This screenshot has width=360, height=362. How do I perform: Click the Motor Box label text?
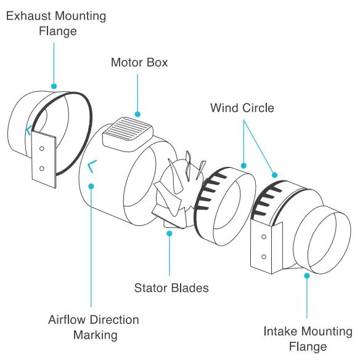click(x=139, y=63)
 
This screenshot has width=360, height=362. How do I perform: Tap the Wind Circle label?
click(x=242, y=108)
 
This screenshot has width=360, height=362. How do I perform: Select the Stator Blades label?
click(x=171, y=288)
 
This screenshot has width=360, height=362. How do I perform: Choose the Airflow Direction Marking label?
click(x=93, y=328)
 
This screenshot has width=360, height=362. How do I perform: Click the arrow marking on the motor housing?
click(x=92, y=165)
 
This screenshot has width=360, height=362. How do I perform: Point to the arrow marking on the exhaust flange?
click(x=28, y=130)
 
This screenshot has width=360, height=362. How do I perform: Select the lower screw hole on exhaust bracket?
click(x=42, y=168)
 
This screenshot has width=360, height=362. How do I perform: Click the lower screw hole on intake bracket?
click(x=264, y=257)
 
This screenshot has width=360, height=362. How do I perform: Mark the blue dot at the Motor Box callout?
click(x=137, y=114)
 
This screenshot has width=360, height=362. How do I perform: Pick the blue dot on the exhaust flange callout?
click(x=54, y=86)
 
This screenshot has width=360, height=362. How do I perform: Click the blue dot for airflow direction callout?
click(x=91, y=185)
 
